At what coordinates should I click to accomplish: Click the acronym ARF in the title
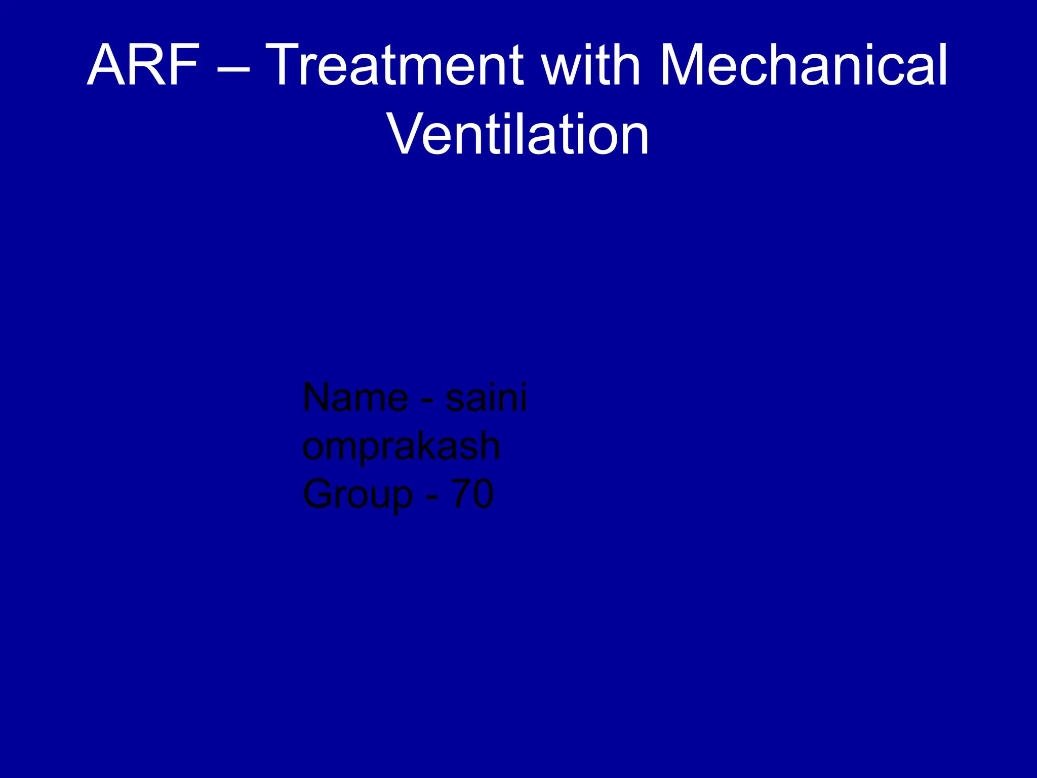pos(143,66)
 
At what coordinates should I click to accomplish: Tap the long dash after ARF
pos(233,69)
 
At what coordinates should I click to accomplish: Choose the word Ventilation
pos(518,135)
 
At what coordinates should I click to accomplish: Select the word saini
pos(486,398)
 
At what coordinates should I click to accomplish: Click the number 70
pos(472,494)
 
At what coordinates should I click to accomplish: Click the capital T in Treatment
pos(286,66)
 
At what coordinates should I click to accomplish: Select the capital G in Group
pos(320,494)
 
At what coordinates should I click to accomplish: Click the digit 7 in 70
pos(461,494)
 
